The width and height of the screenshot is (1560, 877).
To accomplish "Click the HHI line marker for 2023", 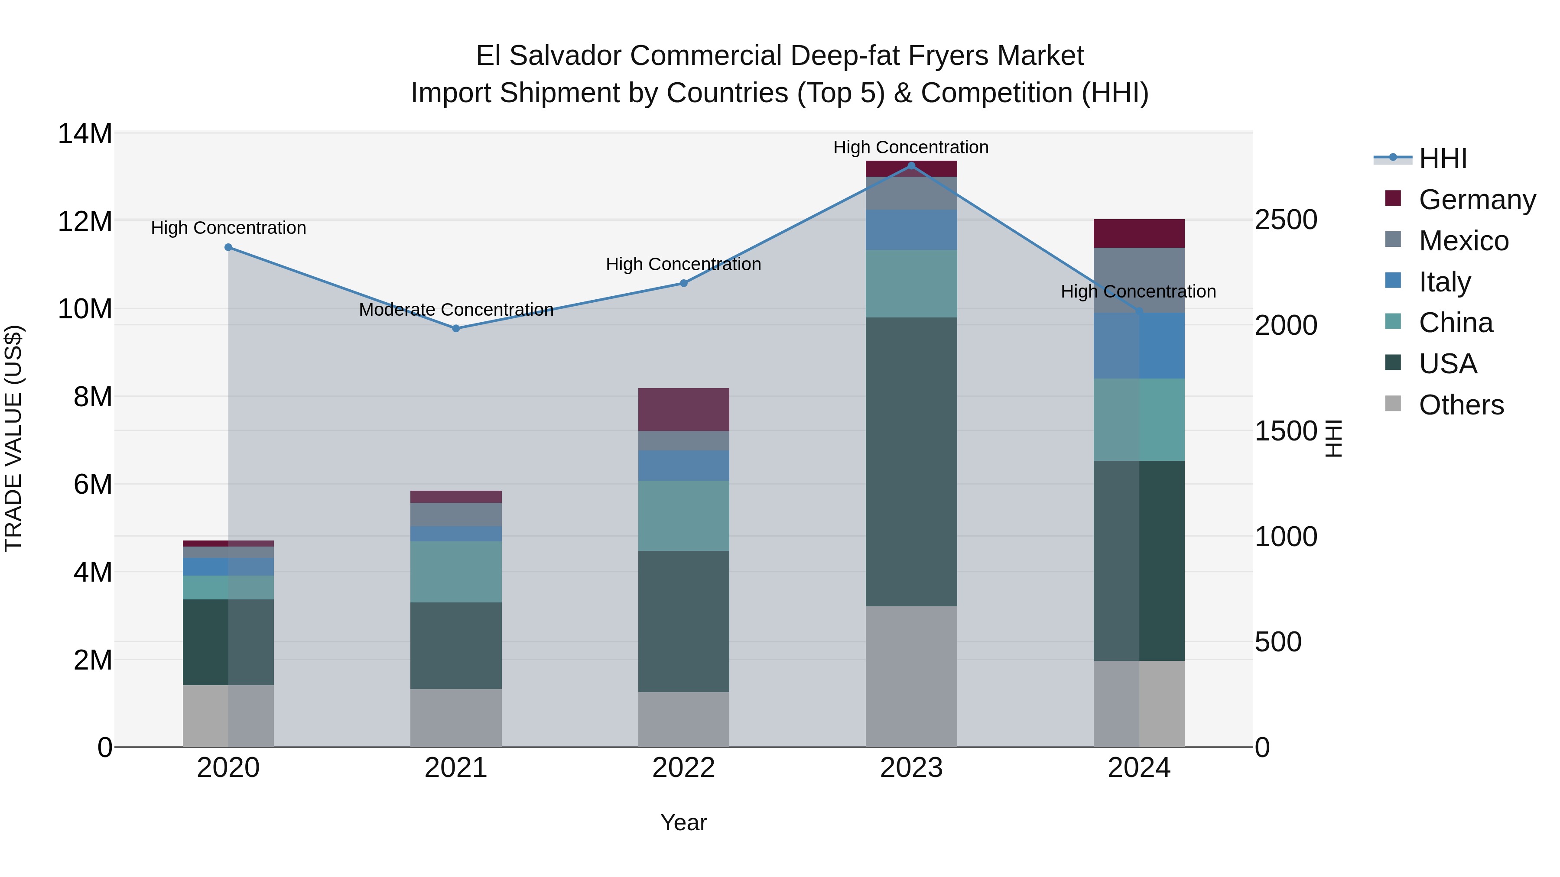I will coord(911,166).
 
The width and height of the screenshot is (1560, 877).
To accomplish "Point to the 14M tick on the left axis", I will coord(85,134).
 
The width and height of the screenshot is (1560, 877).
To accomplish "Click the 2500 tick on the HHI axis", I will coord(1285,220).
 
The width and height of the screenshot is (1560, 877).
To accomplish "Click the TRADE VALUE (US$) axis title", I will coord(14,438).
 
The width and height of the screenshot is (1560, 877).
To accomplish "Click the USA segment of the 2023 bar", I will coord(911,461).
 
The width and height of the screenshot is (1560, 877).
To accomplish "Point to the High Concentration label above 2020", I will coord(228,228).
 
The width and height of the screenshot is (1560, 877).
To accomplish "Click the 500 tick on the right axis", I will coord(1278,642).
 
